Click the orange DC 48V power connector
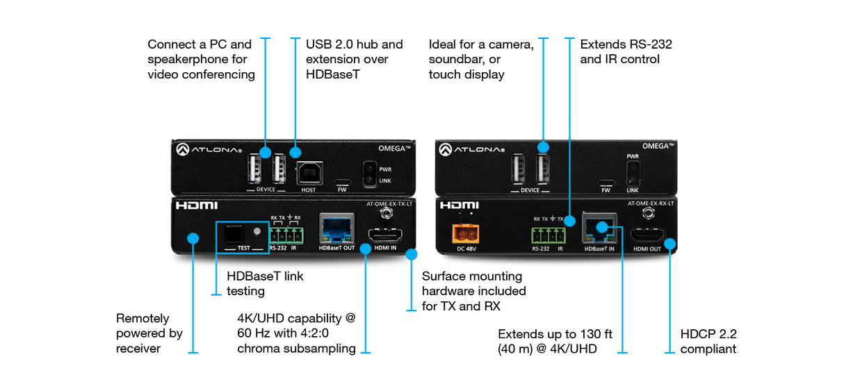coord(462,233)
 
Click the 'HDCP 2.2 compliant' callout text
coord(708,341)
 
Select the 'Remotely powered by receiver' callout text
coord(149,333)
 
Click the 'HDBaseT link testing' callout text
coord(265,283)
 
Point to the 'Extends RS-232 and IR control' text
coord(626,52)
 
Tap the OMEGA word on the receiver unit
coord(654,146)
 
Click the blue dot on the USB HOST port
coord(295,152)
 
